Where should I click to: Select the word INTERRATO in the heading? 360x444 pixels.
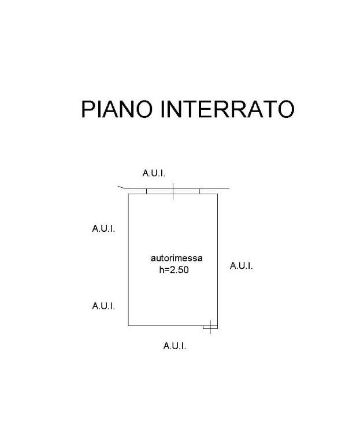227,109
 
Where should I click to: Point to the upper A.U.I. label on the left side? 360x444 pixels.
103,228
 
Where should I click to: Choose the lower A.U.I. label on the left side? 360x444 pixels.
103,306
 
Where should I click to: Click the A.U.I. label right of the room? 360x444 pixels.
241,266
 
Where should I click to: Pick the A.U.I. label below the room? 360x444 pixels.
175,346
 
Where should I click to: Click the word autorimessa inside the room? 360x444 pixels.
176,258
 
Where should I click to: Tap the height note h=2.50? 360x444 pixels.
173,269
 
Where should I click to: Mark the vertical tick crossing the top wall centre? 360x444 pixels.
173,191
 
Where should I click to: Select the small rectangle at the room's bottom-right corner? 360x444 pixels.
207,328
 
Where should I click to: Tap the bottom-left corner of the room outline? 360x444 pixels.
128,325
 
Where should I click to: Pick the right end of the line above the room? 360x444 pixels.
229,188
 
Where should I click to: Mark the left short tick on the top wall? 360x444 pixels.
147,191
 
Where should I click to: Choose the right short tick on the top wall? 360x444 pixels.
199,191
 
